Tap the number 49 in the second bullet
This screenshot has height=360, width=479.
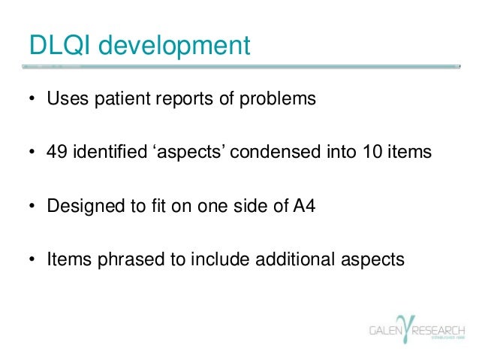tap(58, 152)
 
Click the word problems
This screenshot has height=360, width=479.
tap(273, 99)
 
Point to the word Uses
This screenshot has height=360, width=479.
tap(65, 98)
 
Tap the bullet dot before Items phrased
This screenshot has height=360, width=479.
tap(34, 259)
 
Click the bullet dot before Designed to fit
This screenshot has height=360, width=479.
tap(34, 205)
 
